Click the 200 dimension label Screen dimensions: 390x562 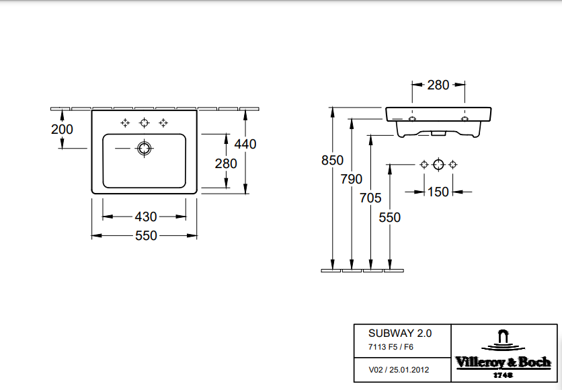pyautogui.click(x=63, y=129)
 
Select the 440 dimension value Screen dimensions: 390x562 pyautogui.click(x=245, y=143)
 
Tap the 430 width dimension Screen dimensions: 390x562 pyautogui.click(x=146, y=217)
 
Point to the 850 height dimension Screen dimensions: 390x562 pyautogui.click(x=332, y=161)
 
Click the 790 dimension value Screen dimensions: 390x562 pyautogui.click(x=351, y=179)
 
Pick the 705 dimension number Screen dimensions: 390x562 pyautogui.click(x=370, y=198)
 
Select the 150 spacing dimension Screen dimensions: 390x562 pyautogui.click(x=438, y=192)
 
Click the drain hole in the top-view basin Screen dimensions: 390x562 pyautogui.click(x=143, y=149)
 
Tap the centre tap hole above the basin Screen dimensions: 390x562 pyautogui.click(x=143, y=122)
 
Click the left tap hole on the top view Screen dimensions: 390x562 pyautogui.click(x=124, y=122)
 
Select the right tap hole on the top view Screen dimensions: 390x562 pyautogui.click(x=163, y=122)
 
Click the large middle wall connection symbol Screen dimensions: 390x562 pyautogui.click(x=438, y=164)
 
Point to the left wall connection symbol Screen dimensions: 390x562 pyautogui.click(x=424, y=164)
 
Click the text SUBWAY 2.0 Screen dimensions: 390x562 pyautogui.click(x=400, y=333)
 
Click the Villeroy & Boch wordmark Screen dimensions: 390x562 pyautogui.click(x=503, y=362)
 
